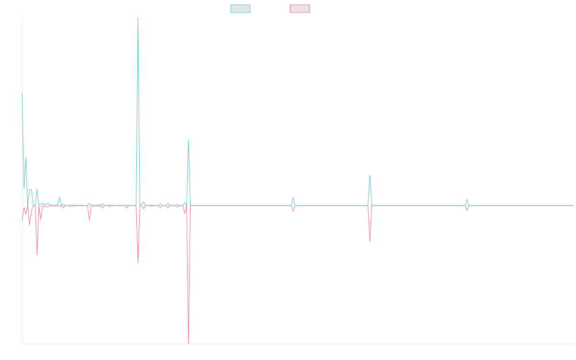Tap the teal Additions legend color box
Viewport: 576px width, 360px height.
240,9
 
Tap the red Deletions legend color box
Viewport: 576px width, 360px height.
300,9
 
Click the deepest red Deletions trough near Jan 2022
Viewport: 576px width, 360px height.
189,343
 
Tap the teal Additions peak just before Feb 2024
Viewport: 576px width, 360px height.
370,175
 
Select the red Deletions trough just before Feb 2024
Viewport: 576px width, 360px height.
370,241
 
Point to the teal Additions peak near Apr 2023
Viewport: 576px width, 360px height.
293,198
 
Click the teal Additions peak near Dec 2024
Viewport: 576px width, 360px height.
467,200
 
